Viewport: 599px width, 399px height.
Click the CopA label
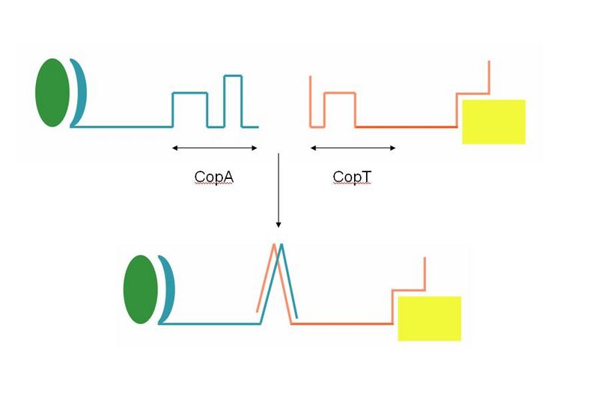213,177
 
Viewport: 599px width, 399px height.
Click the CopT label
352,177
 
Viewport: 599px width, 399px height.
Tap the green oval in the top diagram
52,92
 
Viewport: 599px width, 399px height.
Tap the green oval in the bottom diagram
141,289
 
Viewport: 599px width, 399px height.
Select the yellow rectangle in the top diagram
493,121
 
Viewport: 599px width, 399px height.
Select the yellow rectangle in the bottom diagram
429,318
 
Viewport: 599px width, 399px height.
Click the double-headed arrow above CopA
215,148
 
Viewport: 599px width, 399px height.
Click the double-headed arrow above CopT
353,148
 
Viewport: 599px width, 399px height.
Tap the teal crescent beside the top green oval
80,93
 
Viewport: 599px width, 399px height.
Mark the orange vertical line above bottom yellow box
425,273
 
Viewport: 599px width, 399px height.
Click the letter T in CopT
365,177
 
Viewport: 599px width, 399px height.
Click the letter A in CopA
228,177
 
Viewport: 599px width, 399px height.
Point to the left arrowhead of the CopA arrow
174,148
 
